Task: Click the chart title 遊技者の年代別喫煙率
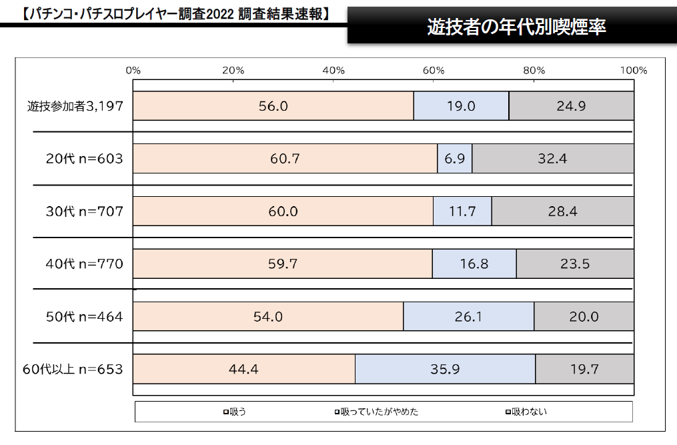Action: (516, 26)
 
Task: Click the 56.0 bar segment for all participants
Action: (273, 105)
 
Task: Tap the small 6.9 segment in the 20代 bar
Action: (455, 158)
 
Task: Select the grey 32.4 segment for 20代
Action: (553, 158)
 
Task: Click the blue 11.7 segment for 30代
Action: (462, 211)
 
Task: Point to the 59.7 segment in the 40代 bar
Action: (283, 264)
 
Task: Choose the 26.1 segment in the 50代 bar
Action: (468, 316)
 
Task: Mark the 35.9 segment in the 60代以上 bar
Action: (445, 369)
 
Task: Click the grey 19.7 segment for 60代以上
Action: (584, 369)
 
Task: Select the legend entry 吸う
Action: (235, 412)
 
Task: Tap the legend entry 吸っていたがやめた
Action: (377, 412)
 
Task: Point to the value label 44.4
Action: (244, 369)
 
